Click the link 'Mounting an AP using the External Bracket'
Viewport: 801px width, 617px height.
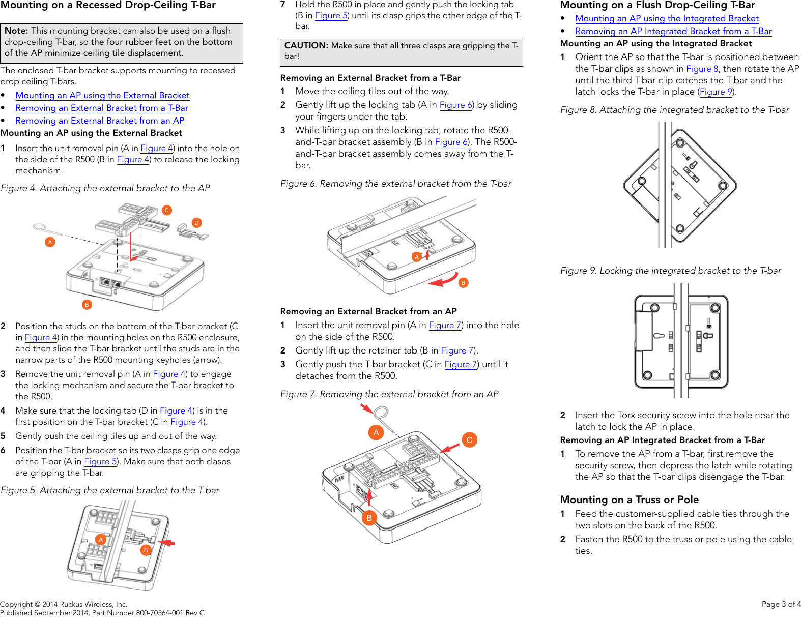coord(102,95)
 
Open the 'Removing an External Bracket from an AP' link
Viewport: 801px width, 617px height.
coord(100,121)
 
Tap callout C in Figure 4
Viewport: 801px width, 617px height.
coord(167,210)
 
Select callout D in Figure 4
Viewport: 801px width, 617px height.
coord(196,223)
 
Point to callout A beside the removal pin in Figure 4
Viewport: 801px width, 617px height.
coord(50,242)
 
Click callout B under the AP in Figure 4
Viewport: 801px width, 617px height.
coord(87,305)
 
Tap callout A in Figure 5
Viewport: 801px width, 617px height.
coord(101,540)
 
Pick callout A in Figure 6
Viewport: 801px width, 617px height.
coord(417,257)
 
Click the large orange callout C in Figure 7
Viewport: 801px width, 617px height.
coord(469,440)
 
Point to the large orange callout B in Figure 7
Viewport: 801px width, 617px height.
coord(369,518)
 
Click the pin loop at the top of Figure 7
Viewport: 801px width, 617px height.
coord(381,413)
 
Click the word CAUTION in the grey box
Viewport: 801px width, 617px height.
coord(306,46)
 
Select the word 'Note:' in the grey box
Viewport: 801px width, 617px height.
coord(16,31)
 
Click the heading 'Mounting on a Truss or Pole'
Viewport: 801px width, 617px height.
coord(629,500)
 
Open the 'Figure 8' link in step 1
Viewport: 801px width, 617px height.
coord(702,69)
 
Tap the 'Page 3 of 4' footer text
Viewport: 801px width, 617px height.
coord(781,604)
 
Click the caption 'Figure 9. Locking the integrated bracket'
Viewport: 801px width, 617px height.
coord(670,271)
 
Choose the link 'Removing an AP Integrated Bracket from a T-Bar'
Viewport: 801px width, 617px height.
coord(673,31)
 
